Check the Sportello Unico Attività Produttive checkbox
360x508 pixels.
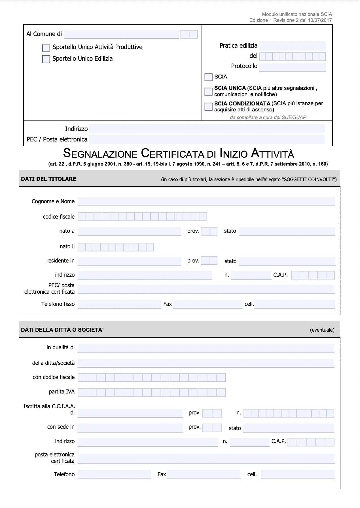(x=46, y=48)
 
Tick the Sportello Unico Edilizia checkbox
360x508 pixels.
(x=46, y=59)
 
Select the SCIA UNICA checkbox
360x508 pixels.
(x=208, y=91)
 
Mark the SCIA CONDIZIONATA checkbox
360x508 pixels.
(x=208, y=106)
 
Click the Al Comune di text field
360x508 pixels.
(x=122, y=34)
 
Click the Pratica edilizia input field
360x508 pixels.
(x=292, y=46)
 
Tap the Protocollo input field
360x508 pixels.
(x=292, y=67)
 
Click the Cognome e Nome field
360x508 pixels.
(x=206, y=202)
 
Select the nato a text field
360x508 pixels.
(x=129, y=231)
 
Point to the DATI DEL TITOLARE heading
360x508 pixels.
(x=48, y=179)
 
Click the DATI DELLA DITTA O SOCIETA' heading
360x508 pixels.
(x=62, y=330)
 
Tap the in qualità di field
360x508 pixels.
(x=206, y=348)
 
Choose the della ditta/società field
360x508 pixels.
(x=206, y=363)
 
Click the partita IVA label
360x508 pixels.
(x=62, y=392)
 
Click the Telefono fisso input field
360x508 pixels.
(x=119, y=304)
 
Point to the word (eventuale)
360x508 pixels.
(x=322, y=330)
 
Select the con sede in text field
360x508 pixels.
(x=130, y=427)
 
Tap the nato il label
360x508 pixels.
(x=67, y=247)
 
